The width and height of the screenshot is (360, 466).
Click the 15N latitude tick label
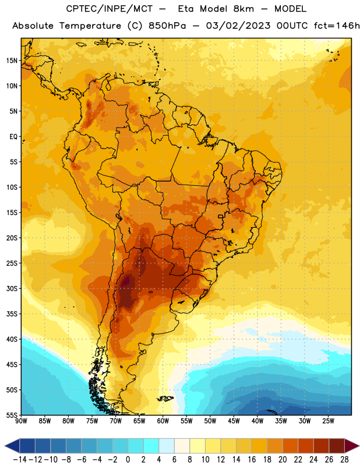pyautogui.click(x=12, y=61)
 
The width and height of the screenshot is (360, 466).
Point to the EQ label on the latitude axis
pyautogui.click(x=13, y=137)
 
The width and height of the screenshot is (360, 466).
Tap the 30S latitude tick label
pyautogui.click(x=12, y=288)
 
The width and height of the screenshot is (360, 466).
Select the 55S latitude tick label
pyautogui.click(x=12, y=415)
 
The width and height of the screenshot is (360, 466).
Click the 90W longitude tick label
pyautogui.click(x=21, y=421)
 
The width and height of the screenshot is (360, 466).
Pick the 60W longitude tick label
pyautogui.click(x=163, y=421)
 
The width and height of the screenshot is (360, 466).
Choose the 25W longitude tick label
pyautogui.click(x=328, y=421)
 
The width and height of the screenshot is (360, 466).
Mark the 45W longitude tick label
pyautogui.click(x=234, y=421)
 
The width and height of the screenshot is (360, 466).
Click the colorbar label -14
pyautogui.click(x=20, y=460)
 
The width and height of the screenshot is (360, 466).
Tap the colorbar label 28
pyautogui.click(x=344, y=460)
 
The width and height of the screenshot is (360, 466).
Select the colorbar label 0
pyautogui.click(x=128, y=460)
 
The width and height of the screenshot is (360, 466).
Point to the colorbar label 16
pyautogui.click(x=252, y=460)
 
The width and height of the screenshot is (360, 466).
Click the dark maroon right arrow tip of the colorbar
pyautogui.click(x=358, y=446)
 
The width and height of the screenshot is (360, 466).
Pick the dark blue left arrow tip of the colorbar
pyautogui.click(x=5, y=446)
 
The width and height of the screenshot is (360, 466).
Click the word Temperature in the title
pyautogui.click(x=90, y=26)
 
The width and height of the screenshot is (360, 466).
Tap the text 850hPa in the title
pyautogui.click(x=167, y=26)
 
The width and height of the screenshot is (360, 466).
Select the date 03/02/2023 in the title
pyautogui.click(x=238, y=26)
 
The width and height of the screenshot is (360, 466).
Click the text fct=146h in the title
pyautogui.click(x=337, y=26)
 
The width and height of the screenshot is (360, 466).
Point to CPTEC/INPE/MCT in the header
pyautogui.click(x=110, y=9)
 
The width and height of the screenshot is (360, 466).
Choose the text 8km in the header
pyautogui.click(x=243, y=9)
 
